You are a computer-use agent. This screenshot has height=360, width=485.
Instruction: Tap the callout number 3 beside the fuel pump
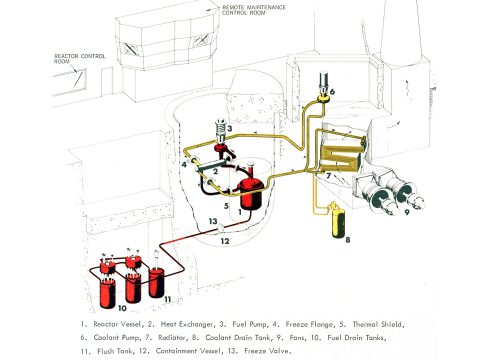click(x=230, y=128)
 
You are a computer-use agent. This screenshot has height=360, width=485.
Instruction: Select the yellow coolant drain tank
click(x=338, y=222)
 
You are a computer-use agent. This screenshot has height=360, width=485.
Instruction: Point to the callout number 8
click(x=348, y=240)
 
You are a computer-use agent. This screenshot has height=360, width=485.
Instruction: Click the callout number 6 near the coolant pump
click(x=332, y=92)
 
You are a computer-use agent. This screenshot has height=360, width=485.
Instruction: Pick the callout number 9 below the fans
click(x=407, y=211)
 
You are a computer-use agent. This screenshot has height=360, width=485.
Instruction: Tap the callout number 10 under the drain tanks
click(x=122, y=308)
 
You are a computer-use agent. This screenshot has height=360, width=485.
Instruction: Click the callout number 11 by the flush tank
click(x=168, y=300)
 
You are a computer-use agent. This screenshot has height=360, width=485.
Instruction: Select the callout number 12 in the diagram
click(x=225, y=241)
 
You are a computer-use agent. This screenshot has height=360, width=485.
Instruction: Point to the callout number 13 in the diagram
click(x=213, y=221)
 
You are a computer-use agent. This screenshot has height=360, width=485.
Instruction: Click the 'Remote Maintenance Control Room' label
click(x=254, y=10)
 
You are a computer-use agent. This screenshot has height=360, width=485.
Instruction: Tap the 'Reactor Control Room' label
click(x=79, y=59)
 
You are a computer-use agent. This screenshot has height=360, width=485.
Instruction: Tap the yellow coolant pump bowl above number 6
click(x=323, y=99)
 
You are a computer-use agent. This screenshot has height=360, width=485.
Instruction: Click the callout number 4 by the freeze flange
click(x=184, y=164)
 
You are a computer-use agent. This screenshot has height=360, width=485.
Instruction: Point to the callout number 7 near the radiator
click(x=328, y=175)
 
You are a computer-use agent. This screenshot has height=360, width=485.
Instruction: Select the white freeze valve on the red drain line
click(x=220, y=229)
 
